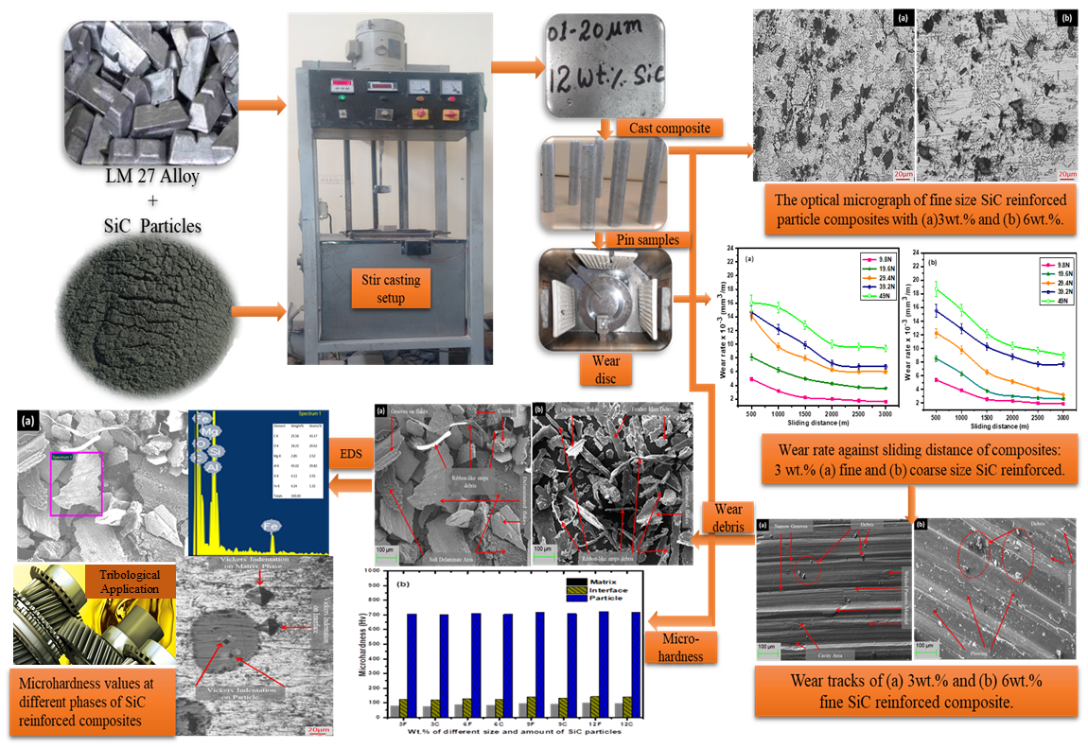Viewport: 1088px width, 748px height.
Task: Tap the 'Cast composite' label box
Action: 668,128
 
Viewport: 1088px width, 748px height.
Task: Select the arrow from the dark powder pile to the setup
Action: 257,309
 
